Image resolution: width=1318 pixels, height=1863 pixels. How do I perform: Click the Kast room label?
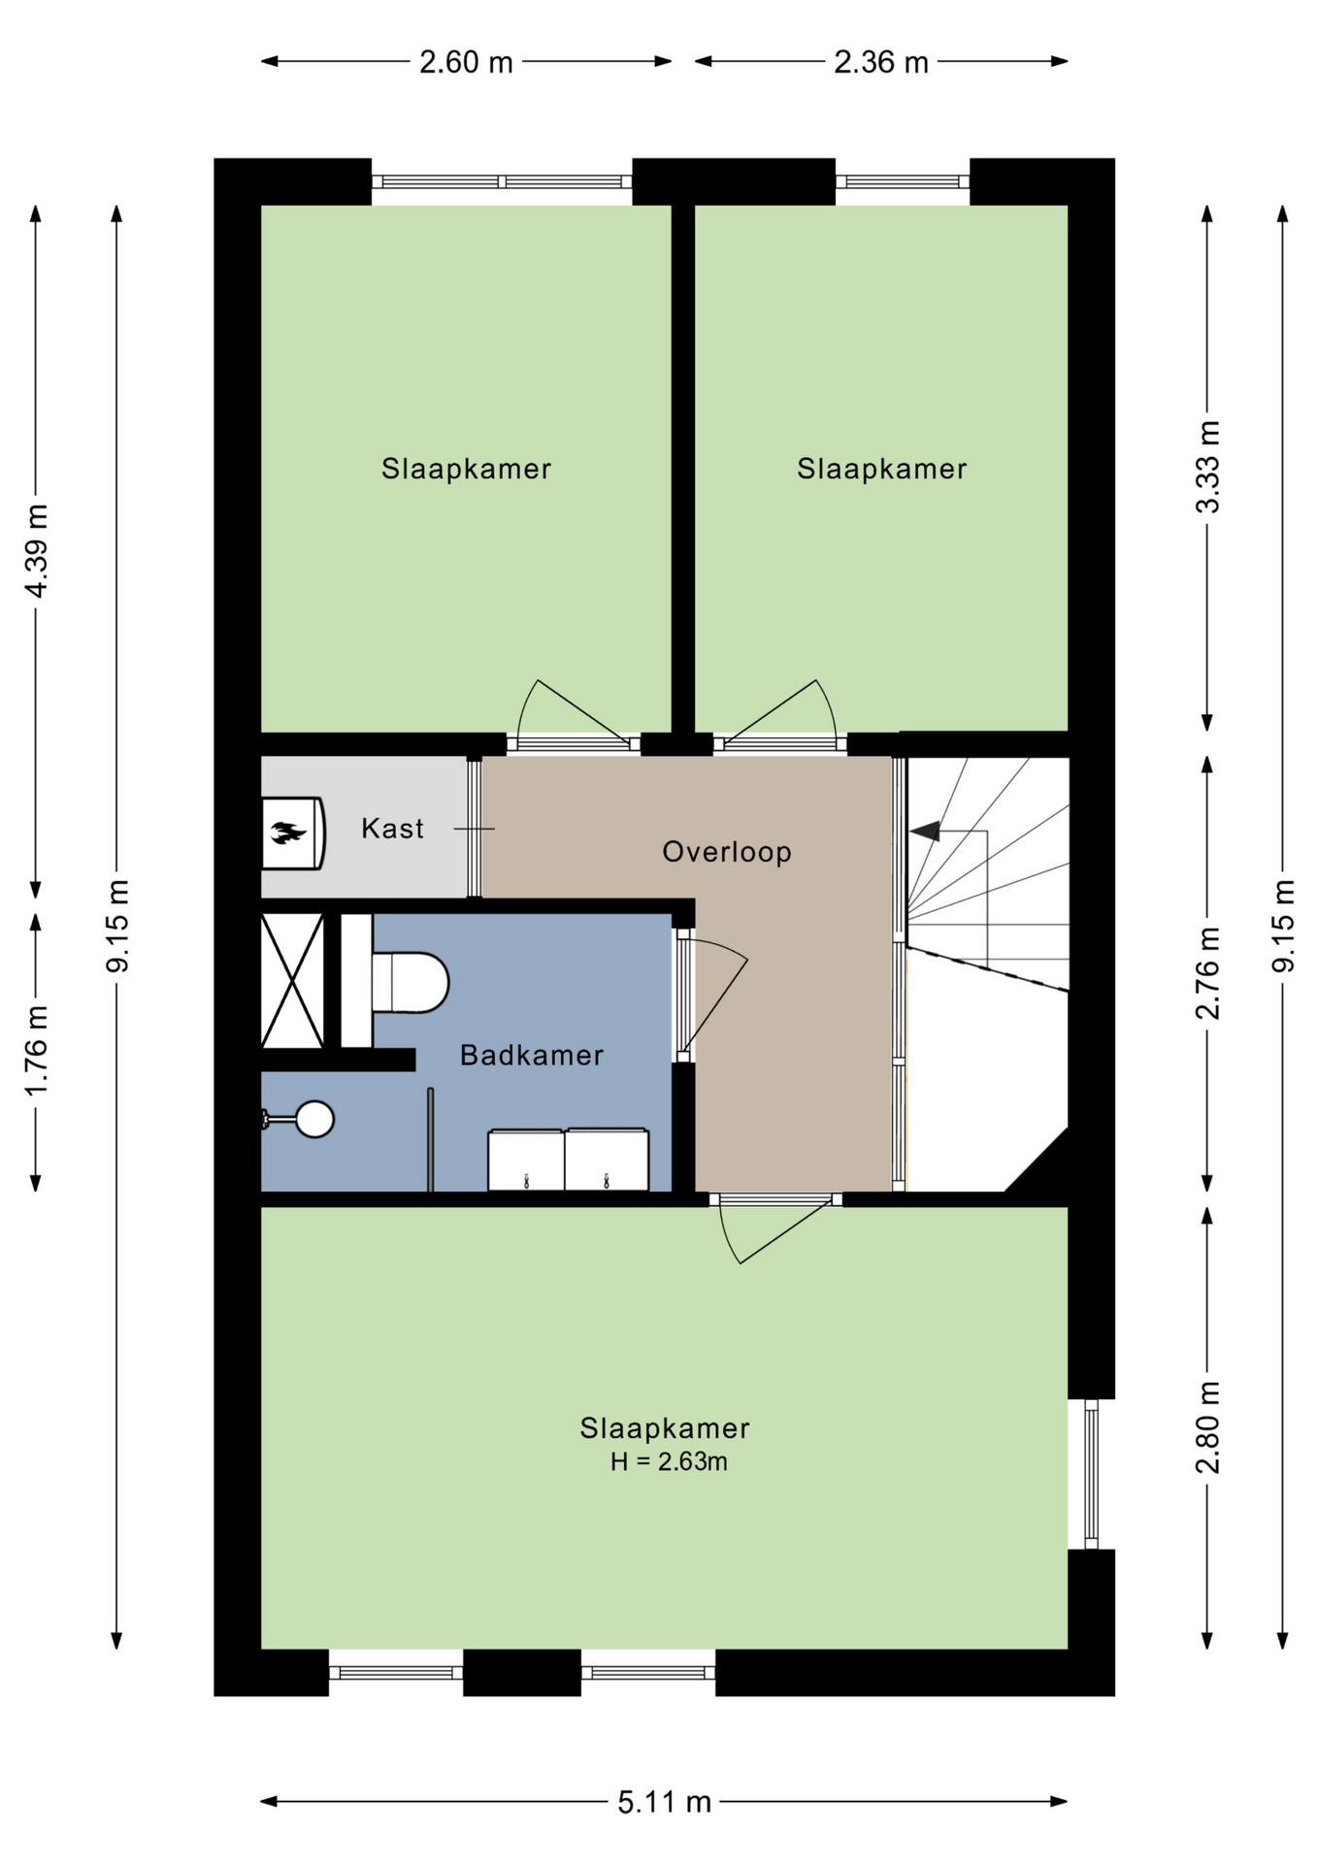(x=392, y=829)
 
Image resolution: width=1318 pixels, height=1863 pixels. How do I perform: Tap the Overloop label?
(x=727, y=852)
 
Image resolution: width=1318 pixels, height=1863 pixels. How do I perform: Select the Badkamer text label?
(x=532, y=1055)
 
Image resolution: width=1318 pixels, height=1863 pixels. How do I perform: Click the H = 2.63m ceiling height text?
(x=669, y=1461)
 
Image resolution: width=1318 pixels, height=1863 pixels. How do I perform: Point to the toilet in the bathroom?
(x=410, y=982)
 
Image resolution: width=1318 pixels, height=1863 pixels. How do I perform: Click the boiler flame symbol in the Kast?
(x=288, y=833)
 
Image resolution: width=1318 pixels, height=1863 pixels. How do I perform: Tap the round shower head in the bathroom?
(x=314, y=1119)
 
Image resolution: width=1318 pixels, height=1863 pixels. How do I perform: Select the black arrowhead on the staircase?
(x=925, y=831)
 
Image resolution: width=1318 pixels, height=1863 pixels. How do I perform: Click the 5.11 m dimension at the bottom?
(x=665, y=1802)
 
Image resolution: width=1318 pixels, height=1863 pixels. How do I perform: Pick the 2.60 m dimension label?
(x=466, y=62)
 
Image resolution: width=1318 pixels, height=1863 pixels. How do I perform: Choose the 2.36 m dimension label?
(x=881, y=62)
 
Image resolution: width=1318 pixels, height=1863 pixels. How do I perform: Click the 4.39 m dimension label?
(x=37, y=551)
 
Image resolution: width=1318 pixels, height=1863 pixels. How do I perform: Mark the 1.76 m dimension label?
(x=37, y=1051)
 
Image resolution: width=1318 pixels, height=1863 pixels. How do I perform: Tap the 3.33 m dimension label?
(x=1207, y=467)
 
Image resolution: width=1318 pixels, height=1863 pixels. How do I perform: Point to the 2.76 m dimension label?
(x=1207, y=973)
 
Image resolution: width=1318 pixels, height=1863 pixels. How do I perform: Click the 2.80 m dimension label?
(x=1207, y=1427)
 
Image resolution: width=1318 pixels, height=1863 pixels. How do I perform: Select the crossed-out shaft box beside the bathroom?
(x=292, y=981)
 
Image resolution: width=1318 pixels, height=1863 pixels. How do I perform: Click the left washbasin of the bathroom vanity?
(x=526, y=1160)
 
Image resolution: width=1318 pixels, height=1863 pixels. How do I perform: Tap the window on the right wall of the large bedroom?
(x=1091, y=1474)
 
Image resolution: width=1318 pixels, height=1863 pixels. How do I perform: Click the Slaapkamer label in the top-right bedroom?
(x=882, y=469)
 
